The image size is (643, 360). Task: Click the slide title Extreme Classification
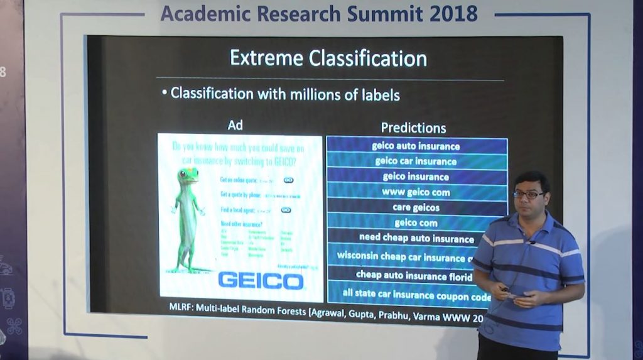tap(328, 58)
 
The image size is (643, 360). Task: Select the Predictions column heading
tap(413, 128)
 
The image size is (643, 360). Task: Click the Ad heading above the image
tap(235, 126)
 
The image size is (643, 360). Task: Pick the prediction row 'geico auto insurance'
tap(416, 146)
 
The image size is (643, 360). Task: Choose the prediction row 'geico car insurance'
tap(416, 161)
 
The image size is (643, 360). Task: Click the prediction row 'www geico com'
tap(416, 192)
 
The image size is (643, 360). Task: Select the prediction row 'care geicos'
tap(416, 207)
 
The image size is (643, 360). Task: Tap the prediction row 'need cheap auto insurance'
tap(416, 238)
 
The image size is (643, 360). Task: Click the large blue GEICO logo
tap(261, 280)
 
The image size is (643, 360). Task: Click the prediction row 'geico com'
tap(416, 222)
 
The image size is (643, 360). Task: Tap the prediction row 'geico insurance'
tap(416, 177)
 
